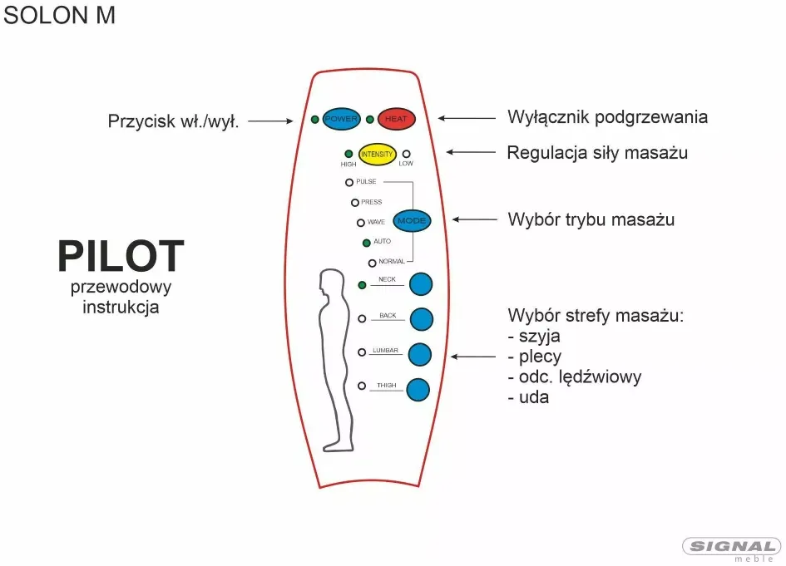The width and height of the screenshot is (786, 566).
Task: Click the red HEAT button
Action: pyautogui.click(x=396, y=119)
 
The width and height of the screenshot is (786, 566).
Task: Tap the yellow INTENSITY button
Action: pyautogui.click(x=377, y=155)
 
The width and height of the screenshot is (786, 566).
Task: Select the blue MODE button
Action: pyautogui.click(x=412, y=220)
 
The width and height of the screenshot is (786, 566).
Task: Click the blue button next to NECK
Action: pyautogui.click(x=421, y=284)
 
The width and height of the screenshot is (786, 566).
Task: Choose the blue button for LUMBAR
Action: pyautogui.click(x=420, y=355)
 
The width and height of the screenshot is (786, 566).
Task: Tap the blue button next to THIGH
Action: pyautogui.click(x=418, y=390)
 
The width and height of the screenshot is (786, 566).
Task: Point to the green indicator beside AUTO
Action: pyautogui.click(x=367, y=243)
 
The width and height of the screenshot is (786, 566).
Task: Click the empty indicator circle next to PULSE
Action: pyautogui.click(x=349, y=182)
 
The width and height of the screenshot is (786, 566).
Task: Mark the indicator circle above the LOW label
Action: pyautogui.click(x=407, y=154)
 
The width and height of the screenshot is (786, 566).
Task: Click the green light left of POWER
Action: pyautogui.click(x=314, y=120)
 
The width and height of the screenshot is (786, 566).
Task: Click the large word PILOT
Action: pyautogui.click(x=121, y=256)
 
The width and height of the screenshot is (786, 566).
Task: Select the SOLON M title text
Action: pyautogui.click(x=59, y=15)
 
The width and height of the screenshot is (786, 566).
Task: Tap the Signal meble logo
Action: pyautogui.click(x=732, y=549)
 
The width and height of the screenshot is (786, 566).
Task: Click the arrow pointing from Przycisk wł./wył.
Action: pyautogui.click(x=270, y=121)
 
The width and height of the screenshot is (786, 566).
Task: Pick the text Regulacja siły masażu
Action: pyautogui.click(x=597, y=153)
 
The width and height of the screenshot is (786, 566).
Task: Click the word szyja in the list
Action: pyautogui.click(x=539, y=336)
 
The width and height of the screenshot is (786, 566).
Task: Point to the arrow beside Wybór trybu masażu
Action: pyautogui.click(x=475, y=219)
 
